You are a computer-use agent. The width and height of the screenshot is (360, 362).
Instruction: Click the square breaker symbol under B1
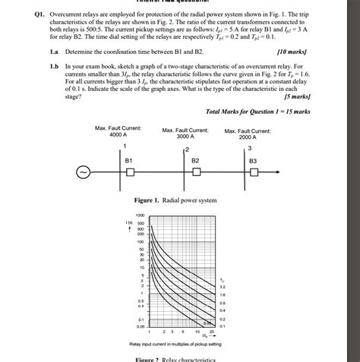(130, 173)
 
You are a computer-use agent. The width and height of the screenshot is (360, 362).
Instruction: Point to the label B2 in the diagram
(195, 161)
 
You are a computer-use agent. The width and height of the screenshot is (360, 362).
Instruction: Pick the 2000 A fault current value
(247, 137)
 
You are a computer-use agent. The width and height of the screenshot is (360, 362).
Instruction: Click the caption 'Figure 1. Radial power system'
(175, 200)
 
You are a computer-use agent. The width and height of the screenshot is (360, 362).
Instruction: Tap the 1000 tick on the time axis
(141, 216)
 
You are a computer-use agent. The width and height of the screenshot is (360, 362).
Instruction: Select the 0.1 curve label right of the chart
(222, 326)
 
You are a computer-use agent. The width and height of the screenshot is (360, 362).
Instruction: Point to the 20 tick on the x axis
(213, 332)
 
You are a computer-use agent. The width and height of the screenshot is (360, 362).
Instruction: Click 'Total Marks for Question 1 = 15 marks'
(257, 112)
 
